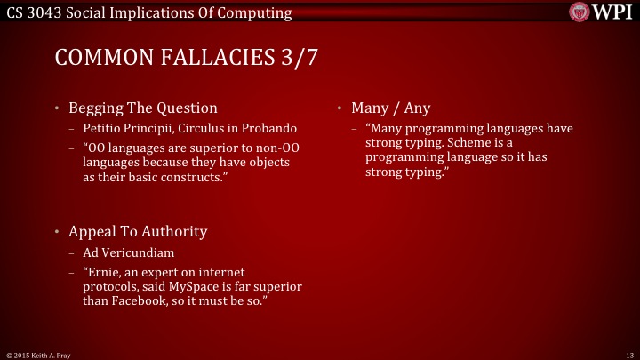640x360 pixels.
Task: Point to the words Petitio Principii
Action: pos(123,128)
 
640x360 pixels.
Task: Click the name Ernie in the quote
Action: pos(106,271)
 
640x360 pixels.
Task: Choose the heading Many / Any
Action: pos(390,108)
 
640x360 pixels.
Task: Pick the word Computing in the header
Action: pos(257,12)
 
